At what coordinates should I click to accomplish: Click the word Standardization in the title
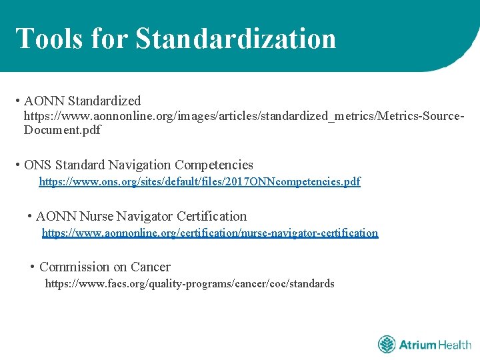coord(236,38)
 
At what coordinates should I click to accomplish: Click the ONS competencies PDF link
coord(199,181)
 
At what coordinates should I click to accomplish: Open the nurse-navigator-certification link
coord(209,233)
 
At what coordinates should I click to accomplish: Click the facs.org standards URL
coord(189,283)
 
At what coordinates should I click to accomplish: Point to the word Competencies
coord(213,165)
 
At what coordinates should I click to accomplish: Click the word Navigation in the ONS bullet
coord(138,165)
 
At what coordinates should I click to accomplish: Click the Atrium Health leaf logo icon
coord(387,345)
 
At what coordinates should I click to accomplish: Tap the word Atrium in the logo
coord(418,345)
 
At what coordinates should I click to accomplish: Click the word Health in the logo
coord(455,345)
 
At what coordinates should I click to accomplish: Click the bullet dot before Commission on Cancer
coord(33,267)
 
